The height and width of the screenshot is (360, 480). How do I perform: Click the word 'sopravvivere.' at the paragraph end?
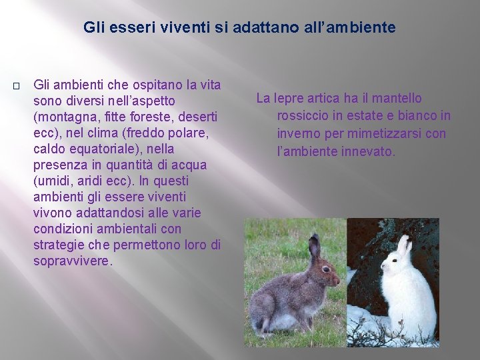73,261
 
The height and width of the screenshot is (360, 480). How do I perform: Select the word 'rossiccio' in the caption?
303,115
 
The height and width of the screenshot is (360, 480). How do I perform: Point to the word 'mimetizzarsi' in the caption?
383,133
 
